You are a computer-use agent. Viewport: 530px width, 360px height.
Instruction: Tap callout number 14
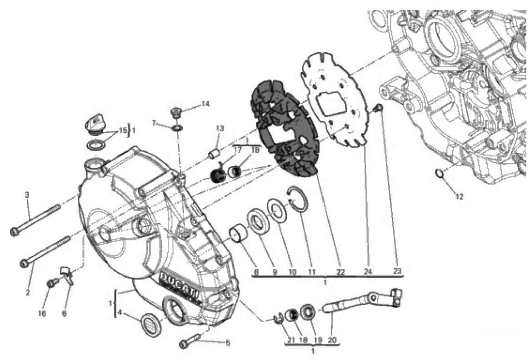coord(205,104)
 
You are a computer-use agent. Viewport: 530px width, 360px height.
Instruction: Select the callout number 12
coord(460,196)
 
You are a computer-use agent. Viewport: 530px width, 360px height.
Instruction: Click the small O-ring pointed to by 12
coord(439,173)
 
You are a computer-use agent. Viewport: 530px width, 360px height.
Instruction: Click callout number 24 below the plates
coord(368,271)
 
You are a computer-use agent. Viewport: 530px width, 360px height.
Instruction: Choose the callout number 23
coord(397,271)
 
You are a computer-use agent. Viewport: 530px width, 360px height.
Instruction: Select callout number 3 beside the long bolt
coord(27,195)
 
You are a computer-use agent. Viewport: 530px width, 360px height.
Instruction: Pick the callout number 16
coord(42,314)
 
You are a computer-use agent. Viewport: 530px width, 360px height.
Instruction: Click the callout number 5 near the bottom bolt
coord(228,343)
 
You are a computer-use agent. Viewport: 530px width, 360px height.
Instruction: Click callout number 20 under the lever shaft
coord(332,340)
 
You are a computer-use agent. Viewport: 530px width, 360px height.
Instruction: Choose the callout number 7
coord(154,122)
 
